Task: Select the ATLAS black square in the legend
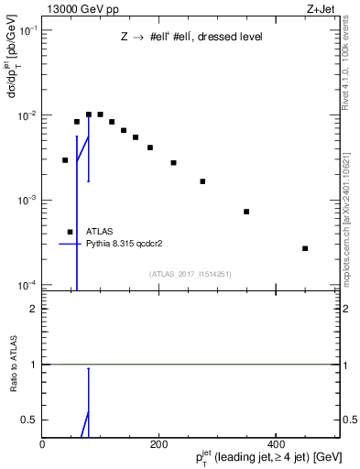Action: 70,232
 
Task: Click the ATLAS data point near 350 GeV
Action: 246,212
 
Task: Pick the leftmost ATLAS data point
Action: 65,160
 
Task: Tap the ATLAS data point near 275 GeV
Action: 202,181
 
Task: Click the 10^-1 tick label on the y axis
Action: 27,30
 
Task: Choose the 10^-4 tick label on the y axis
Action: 27,285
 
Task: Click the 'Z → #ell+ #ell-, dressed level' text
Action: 191,38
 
